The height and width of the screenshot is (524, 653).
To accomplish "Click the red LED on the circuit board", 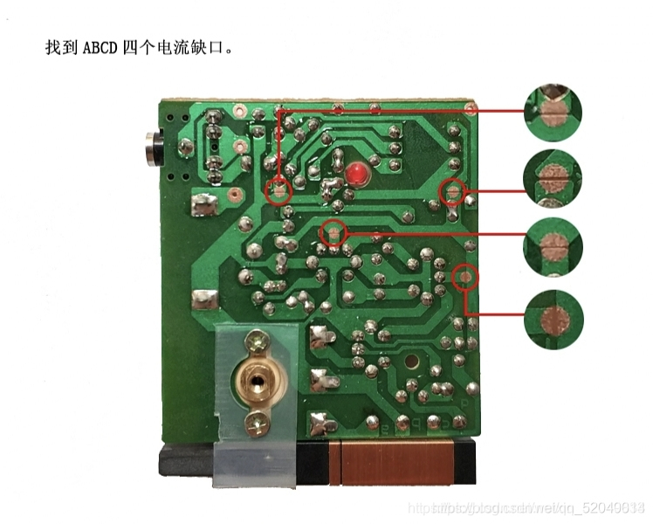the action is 356,174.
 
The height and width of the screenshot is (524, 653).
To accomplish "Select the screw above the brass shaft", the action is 257,339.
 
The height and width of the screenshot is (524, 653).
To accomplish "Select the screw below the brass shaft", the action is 257,424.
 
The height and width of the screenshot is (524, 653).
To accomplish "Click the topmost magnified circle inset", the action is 552,111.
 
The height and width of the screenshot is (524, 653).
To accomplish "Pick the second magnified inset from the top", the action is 552,179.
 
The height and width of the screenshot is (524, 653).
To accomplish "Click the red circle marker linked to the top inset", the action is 278,190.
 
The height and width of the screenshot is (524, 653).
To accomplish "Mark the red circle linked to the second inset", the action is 453,190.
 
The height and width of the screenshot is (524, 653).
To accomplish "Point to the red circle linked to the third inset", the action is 333,232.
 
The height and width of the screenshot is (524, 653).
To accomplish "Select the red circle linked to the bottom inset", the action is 466,277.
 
